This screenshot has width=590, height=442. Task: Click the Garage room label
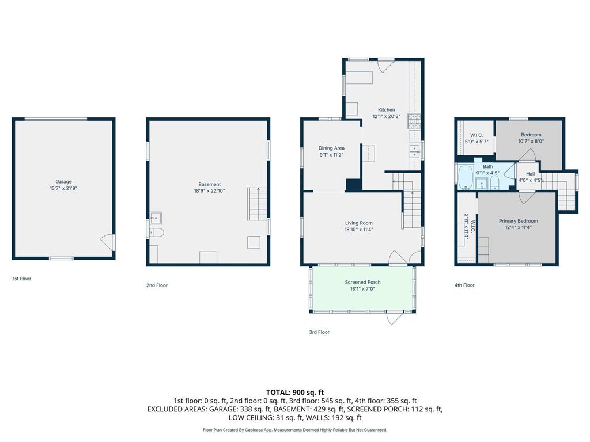[63, 181]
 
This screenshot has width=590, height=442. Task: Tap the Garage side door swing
[107, 241]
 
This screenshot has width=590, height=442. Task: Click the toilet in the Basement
[156, 233]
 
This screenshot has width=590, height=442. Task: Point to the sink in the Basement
[156, 218]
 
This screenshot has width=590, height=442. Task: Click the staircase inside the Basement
[258, 204]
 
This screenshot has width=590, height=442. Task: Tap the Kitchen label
[386, 109]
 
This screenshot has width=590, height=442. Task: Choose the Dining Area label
[331, 148]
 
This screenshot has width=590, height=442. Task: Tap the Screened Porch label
[362, 282]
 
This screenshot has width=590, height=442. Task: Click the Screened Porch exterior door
[395, 317]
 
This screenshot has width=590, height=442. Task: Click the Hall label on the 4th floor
[530, 173]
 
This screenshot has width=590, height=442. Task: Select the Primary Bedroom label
[518, 221]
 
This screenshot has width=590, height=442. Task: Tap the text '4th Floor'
[464, 285]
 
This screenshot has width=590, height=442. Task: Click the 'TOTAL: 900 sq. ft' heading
[294, 393]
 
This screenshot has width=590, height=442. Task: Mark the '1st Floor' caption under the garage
[22, 279]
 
